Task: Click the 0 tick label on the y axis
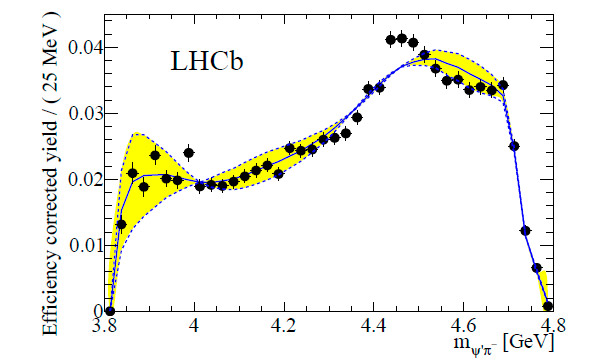click(97, 311)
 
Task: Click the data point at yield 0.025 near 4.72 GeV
click(514, 146)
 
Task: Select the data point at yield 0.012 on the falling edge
click(525, 231)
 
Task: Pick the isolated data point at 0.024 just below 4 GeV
click(189, 153)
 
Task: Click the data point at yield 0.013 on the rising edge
click(121, 224)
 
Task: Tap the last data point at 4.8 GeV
click(547, 305)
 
